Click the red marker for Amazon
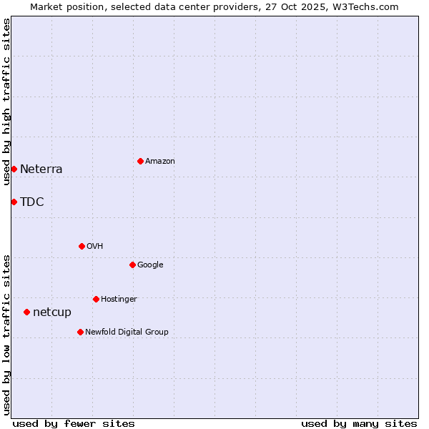[140, 161]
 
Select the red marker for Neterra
[14, 169]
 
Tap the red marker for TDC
[14, 202]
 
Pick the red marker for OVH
[82, 246]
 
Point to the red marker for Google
[132, 265]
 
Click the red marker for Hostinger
[96, 299]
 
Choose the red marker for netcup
[26, 312]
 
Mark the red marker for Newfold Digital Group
[80, 332]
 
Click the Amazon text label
[160, 162]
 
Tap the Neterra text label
[41, 169]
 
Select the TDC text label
[32, 202]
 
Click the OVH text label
[95, 247]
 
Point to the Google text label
[150, 265]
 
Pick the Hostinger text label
[119, 300]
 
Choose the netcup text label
[52, 312]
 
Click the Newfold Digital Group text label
[127, 332]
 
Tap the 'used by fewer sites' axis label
[74, 423]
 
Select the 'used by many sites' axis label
[359, 423]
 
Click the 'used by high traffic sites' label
[6, 102]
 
